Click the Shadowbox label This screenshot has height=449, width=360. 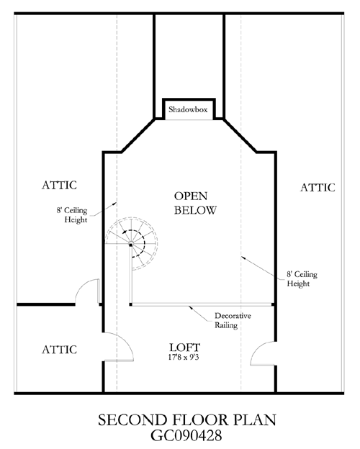188,109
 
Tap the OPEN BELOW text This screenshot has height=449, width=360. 195,203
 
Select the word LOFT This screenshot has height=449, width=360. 184,348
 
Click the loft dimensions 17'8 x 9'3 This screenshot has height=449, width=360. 184,357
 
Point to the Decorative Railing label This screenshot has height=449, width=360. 233,320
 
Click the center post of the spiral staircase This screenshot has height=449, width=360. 131,245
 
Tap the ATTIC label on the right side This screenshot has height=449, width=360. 318,188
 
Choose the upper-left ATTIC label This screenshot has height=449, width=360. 59,185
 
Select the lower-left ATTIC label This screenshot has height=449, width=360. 59,350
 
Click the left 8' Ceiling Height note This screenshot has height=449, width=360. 72,214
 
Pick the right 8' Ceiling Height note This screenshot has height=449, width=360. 302,279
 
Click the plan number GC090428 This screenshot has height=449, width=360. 186,435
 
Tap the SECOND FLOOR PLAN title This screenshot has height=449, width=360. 187,419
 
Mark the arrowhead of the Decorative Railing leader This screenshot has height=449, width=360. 190,307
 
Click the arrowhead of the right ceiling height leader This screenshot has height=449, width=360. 243,257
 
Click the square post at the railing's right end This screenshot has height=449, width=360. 274,304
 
